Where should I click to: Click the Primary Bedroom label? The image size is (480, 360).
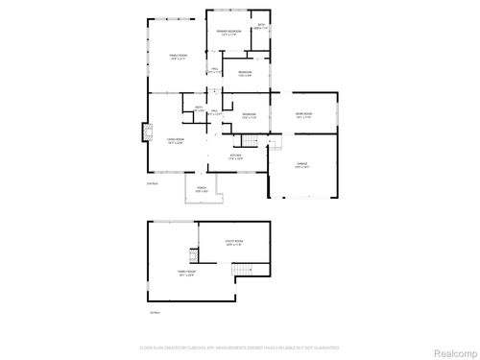point(229,35)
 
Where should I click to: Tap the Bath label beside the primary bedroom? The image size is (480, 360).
point(260,27)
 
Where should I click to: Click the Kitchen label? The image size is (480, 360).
point(234,156)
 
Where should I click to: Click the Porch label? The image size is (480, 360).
point(202,189)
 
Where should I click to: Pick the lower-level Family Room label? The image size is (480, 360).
point(186,274)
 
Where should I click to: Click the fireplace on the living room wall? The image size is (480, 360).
point(146,132)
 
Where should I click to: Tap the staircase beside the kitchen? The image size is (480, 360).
point(249,143)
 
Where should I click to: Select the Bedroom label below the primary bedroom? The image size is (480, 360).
point(245,74)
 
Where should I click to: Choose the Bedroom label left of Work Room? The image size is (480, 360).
point(249,116)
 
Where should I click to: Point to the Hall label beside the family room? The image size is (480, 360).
point(214,70)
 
